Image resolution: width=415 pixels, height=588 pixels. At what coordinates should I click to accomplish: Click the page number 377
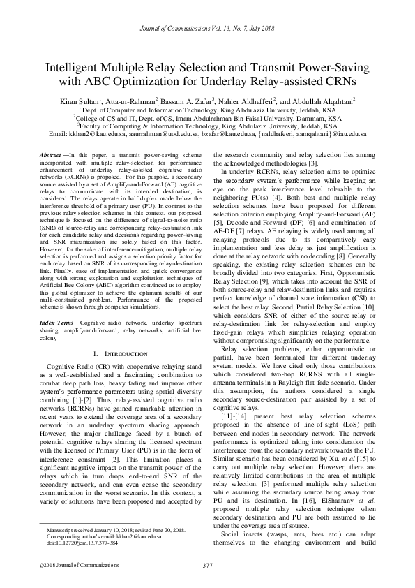pyautogui.click(x=207, y=565)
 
